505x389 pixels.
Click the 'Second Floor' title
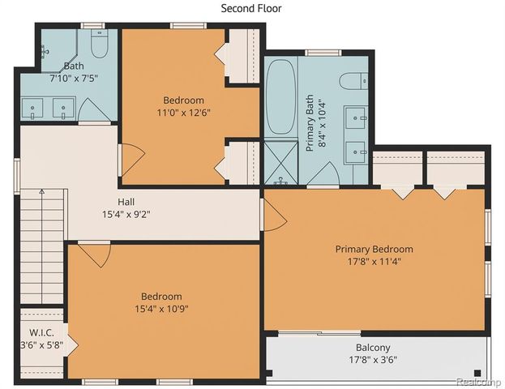(x=251, y=8)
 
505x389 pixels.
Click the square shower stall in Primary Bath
(x=281, y=163)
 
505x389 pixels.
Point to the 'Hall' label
(x=126, y=202)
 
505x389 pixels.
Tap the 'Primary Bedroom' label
(x=374, y=249)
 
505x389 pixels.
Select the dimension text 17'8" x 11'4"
(x=374, y=262)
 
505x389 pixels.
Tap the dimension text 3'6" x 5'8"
(x=41, y=344)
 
